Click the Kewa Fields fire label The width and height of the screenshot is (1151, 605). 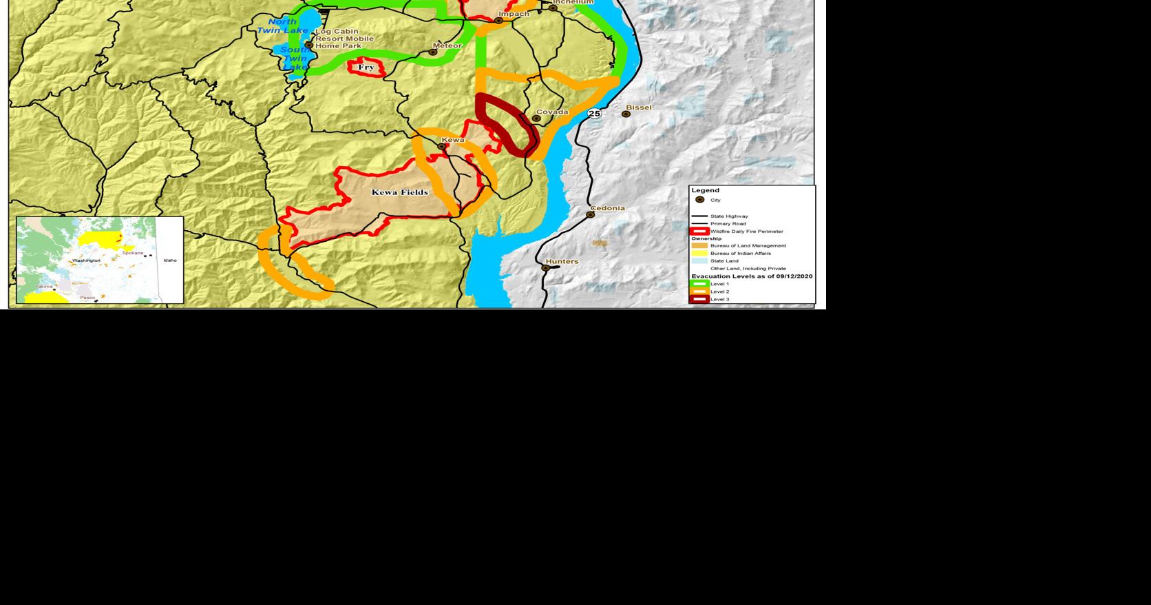tap(399, 192)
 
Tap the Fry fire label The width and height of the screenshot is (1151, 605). tap(366, 67)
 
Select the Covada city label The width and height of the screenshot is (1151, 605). tap(552, 112)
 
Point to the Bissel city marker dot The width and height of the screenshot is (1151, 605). tap(626, 114)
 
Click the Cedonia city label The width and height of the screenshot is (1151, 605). tap(608, 208)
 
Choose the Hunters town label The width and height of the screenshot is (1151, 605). tap(562, 261)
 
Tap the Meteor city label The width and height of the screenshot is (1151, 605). tap(447, 45)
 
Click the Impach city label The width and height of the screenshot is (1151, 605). tap(514, 14)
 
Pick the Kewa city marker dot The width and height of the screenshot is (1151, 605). tap(441, 146)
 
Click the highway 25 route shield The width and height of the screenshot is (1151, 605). tap(594, 113)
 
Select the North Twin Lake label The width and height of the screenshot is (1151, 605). tap(282, 26)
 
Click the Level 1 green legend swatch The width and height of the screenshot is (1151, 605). tap(699, 284)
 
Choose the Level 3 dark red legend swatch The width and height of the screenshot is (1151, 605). tap(699, 299)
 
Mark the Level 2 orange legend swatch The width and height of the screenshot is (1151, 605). tap(699, 291)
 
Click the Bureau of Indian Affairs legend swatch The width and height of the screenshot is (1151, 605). tap(699, 253)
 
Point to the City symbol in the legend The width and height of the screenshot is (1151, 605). tap(700, 200)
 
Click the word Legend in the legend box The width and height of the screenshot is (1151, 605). tap(705, 190)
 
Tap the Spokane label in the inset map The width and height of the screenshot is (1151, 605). tap(133, 253)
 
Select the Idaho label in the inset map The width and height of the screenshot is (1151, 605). tap(169, 260)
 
